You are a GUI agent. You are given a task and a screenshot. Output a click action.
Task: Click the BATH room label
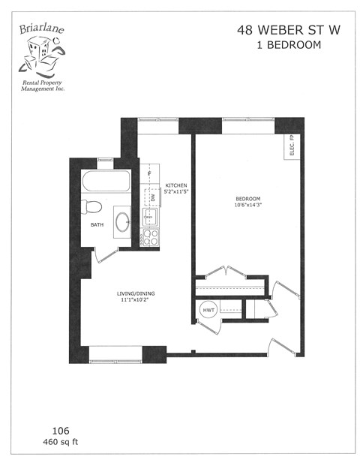point(97,224)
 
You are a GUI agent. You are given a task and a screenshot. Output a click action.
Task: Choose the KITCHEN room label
point(176,185)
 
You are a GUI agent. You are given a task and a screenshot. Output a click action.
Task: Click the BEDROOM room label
point(247,198)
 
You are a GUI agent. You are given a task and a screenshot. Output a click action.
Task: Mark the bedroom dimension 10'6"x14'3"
point(247,205)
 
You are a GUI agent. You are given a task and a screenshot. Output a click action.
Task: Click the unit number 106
point(59,430)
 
